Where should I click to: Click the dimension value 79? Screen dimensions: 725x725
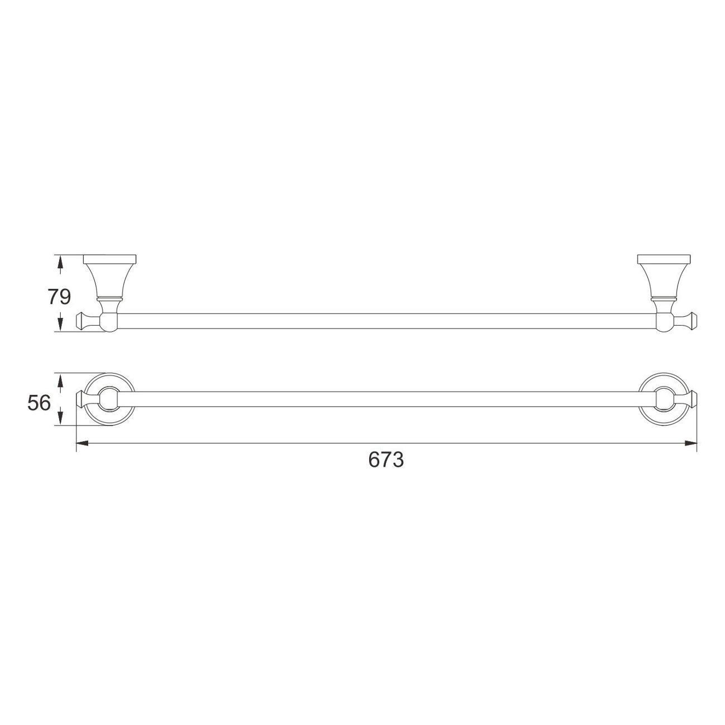[59, 297]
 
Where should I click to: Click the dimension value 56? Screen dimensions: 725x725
[38, 403]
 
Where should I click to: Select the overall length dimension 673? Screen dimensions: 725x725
[386, 460]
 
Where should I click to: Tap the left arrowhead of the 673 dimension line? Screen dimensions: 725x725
[82, 443]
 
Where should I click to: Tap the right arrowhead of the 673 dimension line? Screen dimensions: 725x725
[691, 443]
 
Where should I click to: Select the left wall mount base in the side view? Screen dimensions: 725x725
[109, 259]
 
